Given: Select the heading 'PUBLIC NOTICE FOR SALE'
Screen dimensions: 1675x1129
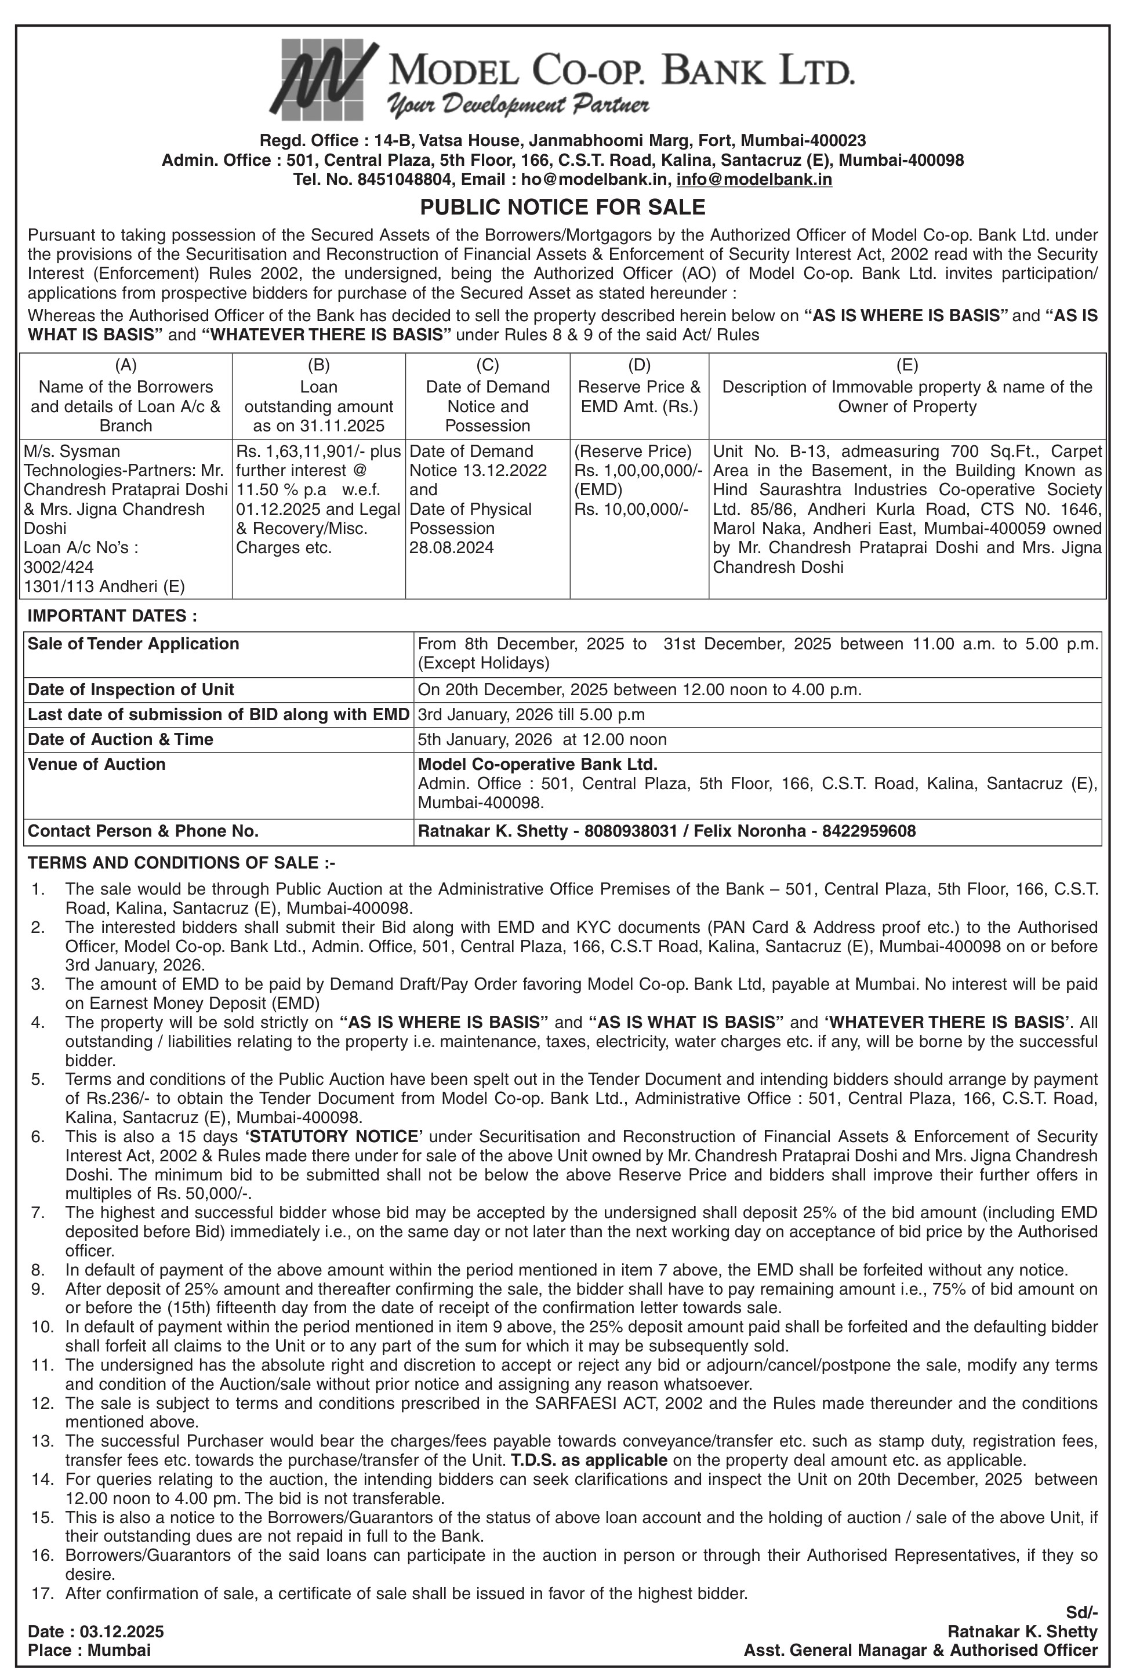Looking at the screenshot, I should point(563,208).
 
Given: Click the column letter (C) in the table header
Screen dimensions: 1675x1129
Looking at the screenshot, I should point(488,366).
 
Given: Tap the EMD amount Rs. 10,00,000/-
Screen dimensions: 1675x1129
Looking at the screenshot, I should point(631,510).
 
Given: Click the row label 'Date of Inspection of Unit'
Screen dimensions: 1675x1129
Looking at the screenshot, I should point(130,689).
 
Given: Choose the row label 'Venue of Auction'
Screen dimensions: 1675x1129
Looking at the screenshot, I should point(96,764).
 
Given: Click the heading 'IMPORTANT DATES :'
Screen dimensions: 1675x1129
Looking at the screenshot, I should point(111,616).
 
